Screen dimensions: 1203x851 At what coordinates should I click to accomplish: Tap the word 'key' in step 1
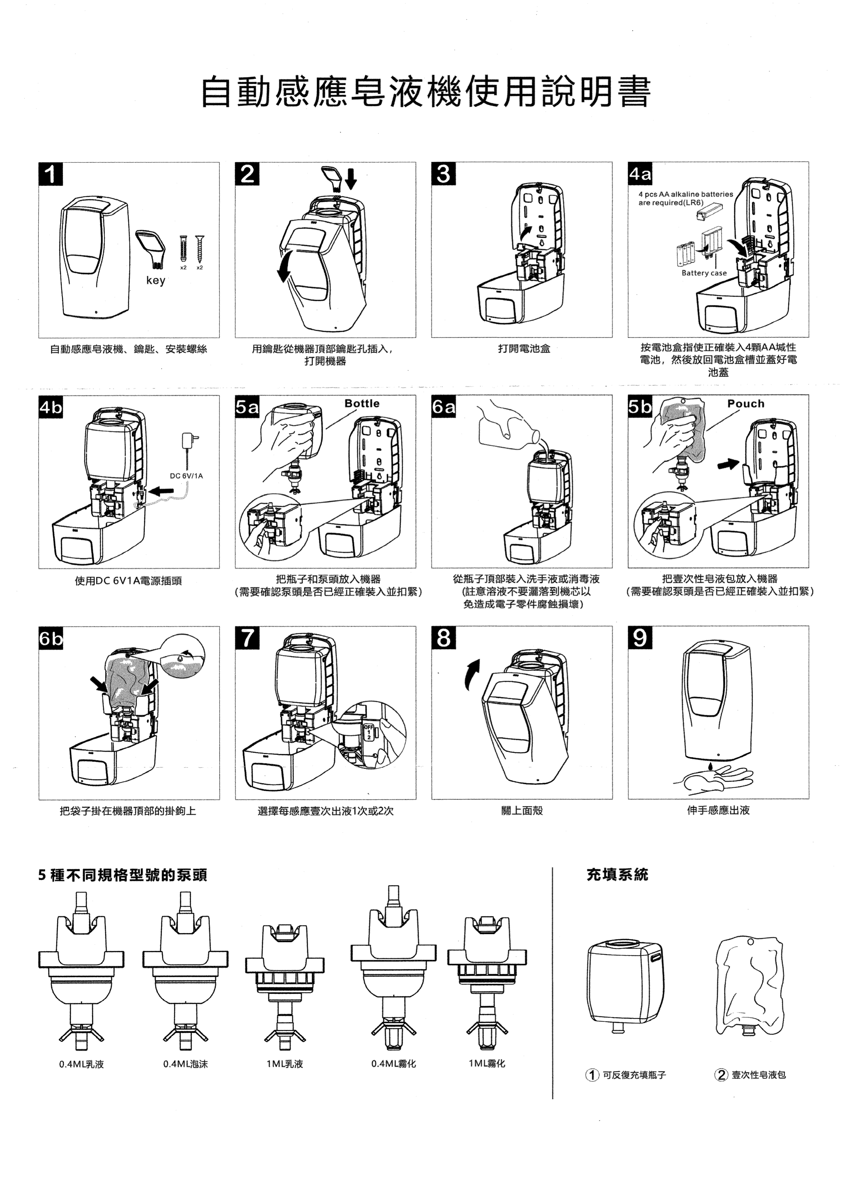[156, 280]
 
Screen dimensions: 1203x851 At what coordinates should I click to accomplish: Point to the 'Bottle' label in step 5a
[361, 403]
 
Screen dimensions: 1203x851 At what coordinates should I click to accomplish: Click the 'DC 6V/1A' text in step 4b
[186, 476]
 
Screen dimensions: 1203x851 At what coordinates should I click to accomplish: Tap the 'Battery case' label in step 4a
[704, 273]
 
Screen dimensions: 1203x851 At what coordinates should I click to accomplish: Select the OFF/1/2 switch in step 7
[368, 731]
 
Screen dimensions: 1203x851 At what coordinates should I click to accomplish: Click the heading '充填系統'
[617, 874]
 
